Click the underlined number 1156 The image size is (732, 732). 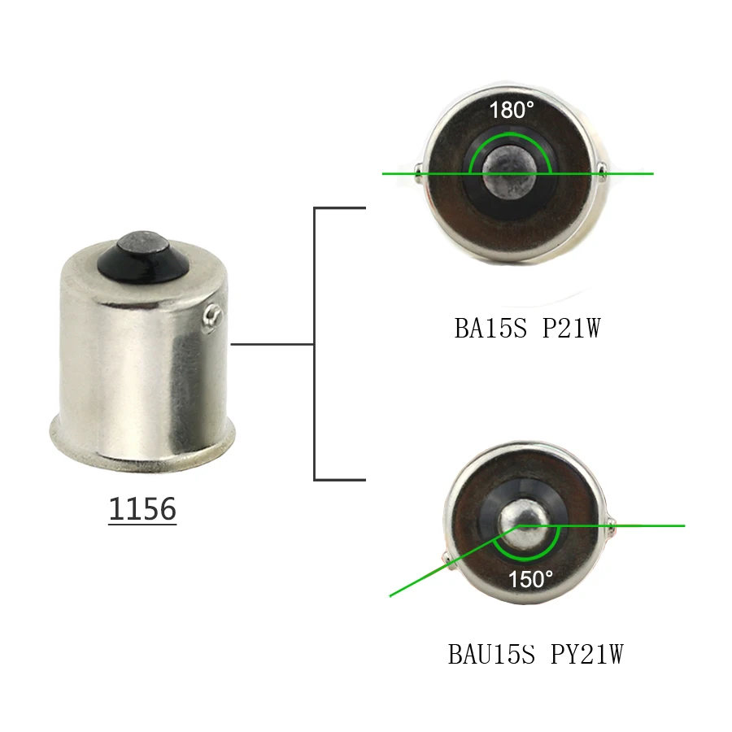coord(142,509)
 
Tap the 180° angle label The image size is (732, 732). coord(512,110)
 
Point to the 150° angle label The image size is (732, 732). coord(530,579)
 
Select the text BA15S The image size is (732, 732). coord(490,329)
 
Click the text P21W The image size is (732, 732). coord(572,329)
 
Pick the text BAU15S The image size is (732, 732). coord(491,654)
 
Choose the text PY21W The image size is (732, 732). coord(587,654)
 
